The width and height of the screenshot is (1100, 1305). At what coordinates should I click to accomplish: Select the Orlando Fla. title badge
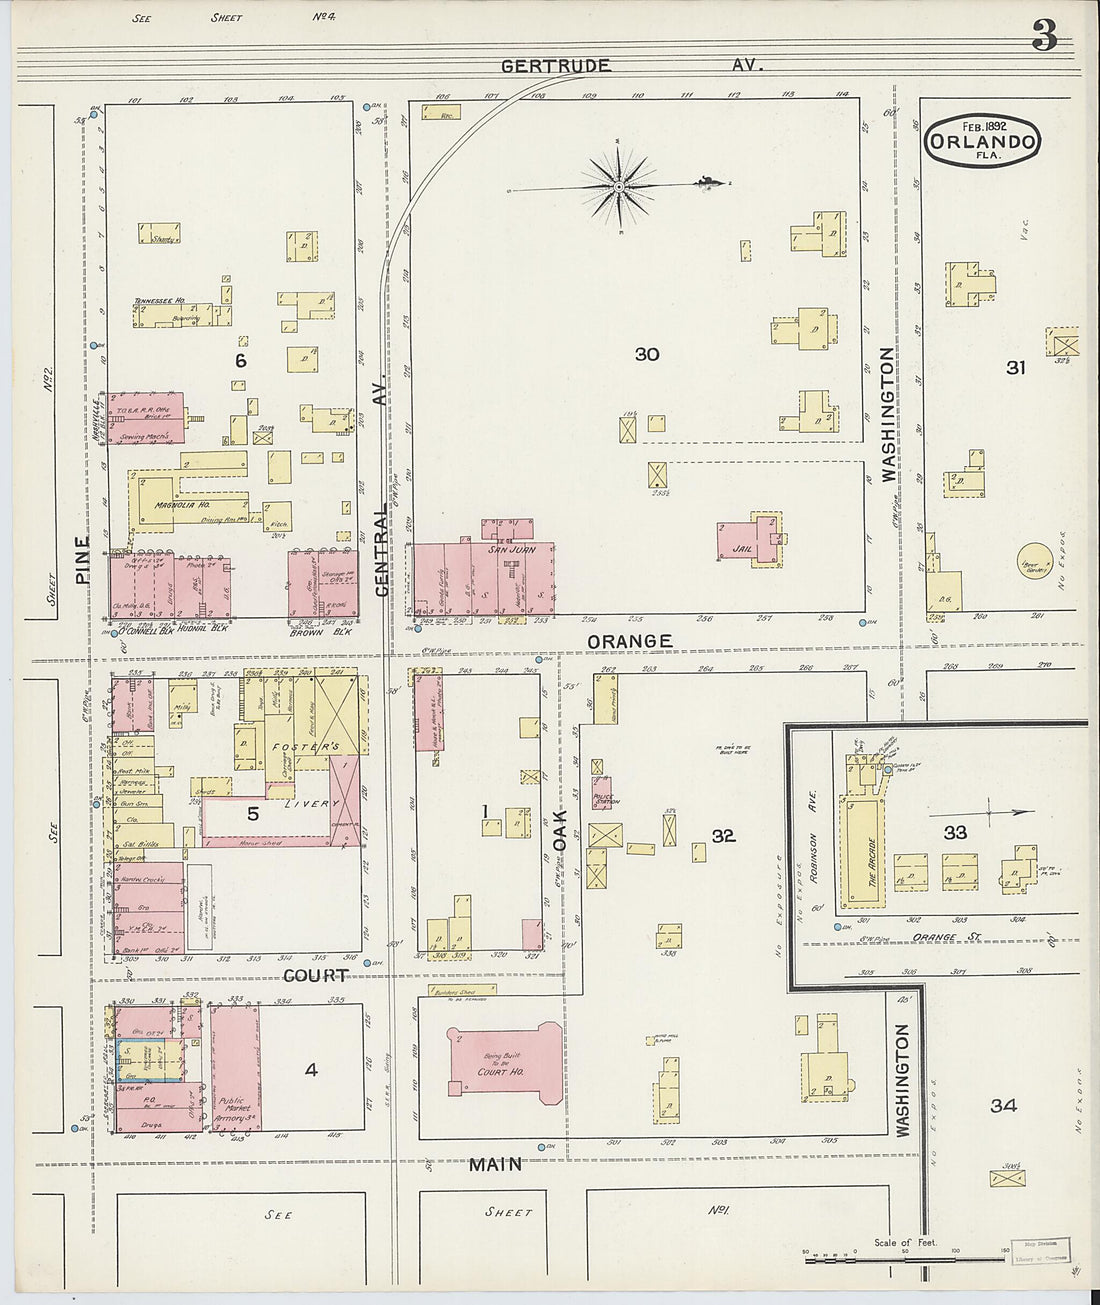click(983, 141)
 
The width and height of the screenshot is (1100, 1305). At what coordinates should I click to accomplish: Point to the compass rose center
click(620, 186)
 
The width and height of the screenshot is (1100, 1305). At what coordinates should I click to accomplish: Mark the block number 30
click(647, 354)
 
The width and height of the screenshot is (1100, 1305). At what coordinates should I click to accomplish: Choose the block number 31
click(1016, 368)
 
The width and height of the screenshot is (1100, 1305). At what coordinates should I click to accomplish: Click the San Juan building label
click(513, 549)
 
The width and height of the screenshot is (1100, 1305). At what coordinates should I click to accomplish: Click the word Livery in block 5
click(305, 804)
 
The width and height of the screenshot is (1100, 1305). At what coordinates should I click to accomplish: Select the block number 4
click(311, 1070)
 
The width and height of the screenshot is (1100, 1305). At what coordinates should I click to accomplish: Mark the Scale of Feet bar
click(905, 1253)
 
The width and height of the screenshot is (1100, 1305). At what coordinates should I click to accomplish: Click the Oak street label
click(561, 830)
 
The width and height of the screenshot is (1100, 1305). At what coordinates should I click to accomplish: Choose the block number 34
click(1003, 1105)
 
